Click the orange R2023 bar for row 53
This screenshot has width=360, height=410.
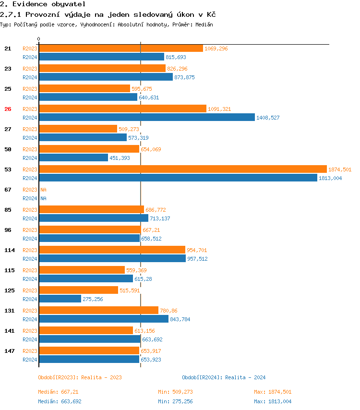pyautogui.click(x=182, y=169)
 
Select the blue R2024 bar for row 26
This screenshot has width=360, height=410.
pyautogui.click(x=146, y=117)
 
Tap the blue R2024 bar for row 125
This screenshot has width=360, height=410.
pyautogui.click(x=60, y=299)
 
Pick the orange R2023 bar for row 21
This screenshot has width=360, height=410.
pyautogui.click(x=120, y=48)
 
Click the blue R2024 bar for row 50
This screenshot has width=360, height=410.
pyautogui.click(x=73, y=157)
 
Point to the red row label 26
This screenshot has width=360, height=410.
pyautogui.click(x=8, y=109)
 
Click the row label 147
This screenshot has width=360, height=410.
pyautogui.click(x=9, y=351)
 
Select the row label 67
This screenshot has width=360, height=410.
pyautogui.click(x=8, y=190)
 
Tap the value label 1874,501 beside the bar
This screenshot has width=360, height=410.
pyautogui.click(x=340, y=169)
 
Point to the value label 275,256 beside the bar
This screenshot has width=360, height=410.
pyautogui.click(x=93, y=299)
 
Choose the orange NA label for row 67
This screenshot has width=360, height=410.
pyautogui.click(x=43, y=190)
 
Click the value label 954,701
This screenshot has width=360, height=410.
pyautogui.click(x=197, y=250)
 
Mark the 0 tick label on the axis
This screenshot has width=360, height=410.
pyautogui.click(x=39, y=39)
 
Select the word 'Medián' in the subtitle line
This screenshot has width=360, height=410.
pyautogui.click(x=204, y=24)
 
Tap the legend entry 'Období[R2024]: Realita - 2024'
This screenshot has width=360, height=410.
pyautogui.click(x=224, y=377)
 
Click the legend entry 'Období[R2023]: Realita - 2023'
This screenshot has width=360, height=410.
pyautogui.click(x=80, y=377)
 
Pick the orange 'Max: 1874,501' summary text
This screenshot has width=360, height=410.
pyautogui.click(x=273, y=392)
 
